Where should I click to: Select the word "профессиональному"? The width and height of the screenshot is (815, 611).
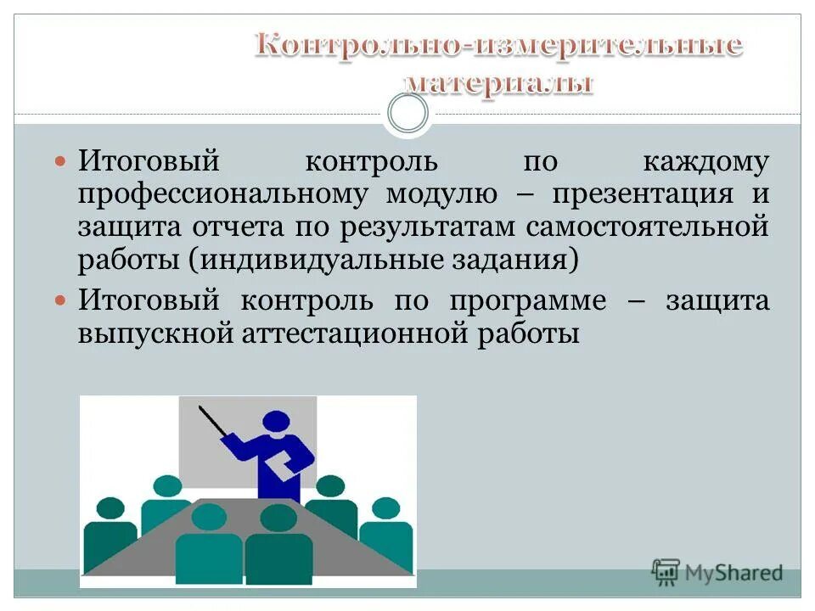[x=223, y=194]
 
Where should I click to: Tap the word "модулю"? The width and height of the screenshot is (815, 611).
[x=441, y=194]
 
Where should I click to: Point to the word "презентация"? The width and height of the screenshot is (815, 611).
[x=643, y=194]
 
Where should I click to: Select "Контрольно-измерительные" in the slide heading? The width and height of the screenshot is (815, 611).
[x=499, y=45]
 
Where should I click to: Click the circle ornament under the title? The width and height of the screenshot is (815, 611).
[x=407, y=113]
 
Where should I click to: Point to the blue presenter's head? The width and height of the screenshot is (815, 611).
[x=277, y=422]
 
